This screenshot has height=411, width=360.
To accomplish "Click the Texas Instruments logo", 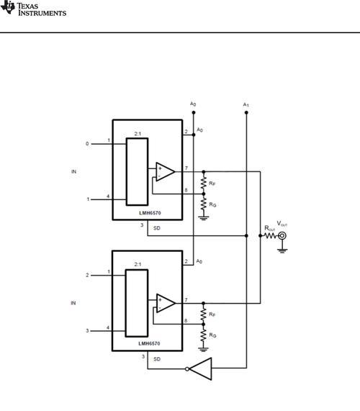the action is tap(33, 8).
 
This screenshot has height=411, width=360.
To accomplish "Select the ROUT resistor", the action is tap(270, 236).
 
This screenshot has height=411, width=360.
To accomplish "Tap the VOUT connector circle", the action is tap(282, 236).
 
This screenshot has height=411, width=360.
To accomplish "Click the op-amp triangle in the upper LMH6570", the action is tap(165, 172).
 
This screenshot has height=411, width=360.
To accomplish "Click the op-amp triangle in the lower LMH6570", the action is tap(166, 303).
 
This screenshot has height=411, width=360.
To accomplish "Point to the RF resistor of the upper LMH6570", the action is tap(204, 183).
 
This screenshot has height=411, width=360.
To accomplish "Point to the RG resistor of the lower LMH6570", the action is tap(204, 335).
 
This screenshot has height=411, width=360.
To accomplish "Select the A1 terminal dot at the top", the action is tap(246, 113).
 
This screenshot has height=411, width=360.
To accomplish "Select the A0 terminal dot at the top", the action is tap(194, 112).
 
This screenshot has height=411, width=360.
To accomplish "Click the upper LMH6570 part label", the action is tap(150, 213).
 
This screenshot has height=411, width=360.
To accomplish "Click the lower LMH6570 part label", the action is tap(149, 343).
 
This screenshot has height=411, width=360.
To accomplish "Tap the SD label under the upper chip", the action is tap(157, 228).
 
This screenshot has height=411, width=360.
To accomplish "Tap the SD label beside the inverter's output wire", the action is tap(157, 359).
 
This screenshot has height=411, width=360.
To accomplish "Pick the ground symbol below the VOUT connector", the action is tap(282, 250).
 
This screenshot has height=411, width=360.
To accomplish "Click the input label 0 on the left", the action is tap(87, 144).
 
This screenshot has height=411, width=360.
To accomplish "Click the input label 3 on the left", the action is tap(87, 331).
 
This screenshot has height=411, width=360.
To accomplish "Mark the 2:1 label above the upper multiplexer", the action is tap(138, 134).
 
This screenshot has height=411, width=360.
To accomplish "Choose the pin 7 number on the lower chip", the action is tap(186, 300).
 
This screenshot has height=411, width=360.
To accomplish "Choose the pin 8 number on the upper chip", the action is tap(186, 190).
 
